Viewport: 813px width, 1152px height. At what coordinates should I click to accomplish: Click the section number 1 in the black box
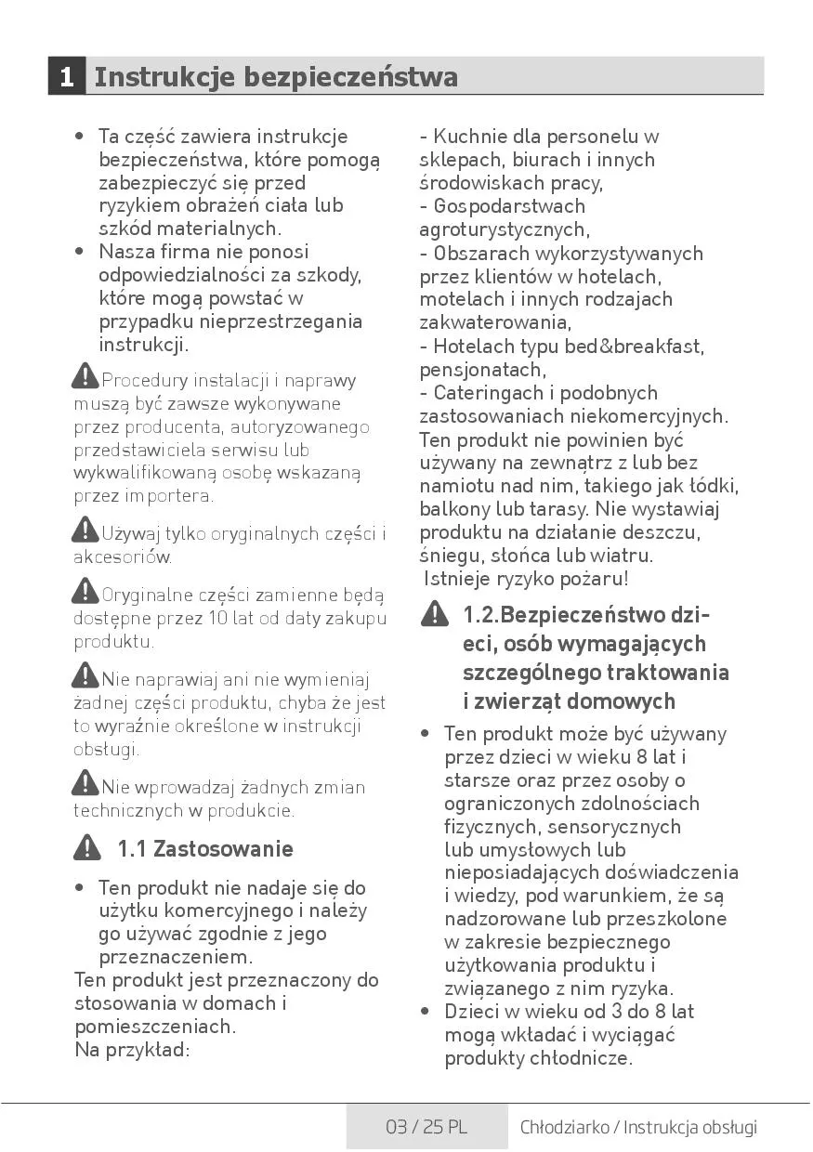66,76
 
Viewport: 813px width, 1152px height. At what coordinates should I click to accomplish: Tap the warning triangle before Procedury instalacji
85,376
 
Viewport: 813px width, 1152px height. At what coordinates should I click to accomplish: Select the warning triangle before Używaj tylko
85,530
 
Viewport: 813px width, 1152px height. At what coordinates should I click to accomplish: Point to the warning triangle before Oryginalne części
85,591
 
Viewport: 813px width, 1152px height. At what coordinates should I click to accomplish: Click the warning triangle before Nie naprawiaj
85,675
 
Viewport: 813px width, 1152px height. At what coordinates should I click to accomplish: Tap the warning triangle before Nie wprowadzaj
85,783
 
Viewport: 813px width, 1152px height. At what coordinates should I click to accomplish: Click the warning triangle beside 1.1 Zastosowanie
87,847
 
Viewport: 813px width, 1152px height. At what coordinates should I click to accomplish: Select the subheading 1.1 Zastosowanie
204,849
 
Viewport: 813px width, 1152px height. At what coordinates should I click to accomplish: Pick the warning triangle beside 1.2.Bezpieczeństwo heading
434,614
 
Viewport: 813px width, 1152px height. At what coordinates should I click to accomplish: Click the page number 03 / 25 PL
426,1127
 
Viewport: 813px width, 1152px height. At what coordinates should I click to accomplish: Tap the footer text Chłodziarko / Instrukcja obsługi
638,1127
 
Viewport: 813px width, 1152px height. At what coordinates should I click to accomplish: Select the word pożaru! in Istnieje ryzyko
595,579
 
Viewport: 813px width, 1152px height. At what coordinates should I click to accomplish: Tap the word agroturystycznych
503,229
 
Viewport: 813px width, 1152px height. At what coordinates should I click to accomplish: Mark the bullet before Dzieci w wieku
425,1012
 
